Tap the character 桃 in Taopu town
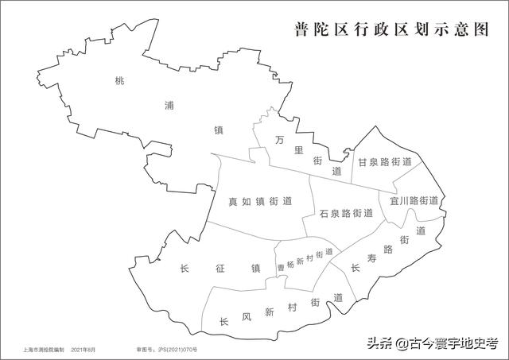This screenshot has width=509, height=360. tap(120, 80)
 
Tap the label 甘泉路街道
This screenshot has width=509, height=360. tap(385, 162)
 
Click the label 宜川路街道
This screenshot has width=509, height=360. tap(414, 201)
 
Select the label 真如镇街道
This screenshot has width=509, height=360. tap(257, 201)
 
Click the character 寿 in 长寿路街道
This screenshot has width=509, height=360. tap(372, 257)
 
